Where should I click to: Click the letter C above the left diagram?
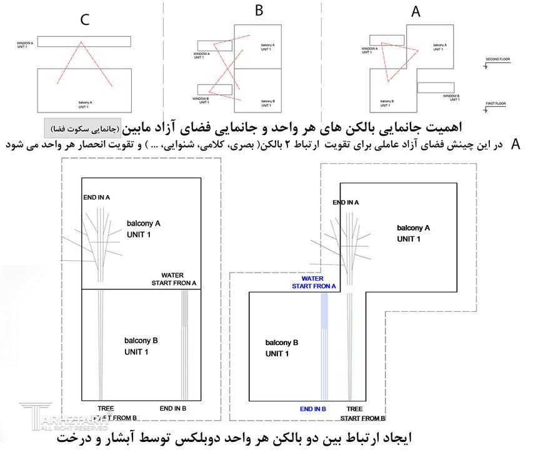pyautogui.click(x=84, y=20)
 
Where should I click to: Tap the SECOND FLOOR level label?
pyautogui.click(x=497, y=60)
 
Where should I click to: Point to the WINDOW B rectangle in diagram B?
pyautogui.click(x=214, y=89)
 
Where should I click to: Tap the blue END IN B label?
pyautogui.click(x=313, y=409)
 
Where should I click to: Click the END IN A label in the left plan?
pyautogui.click(x=97, y=197)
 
